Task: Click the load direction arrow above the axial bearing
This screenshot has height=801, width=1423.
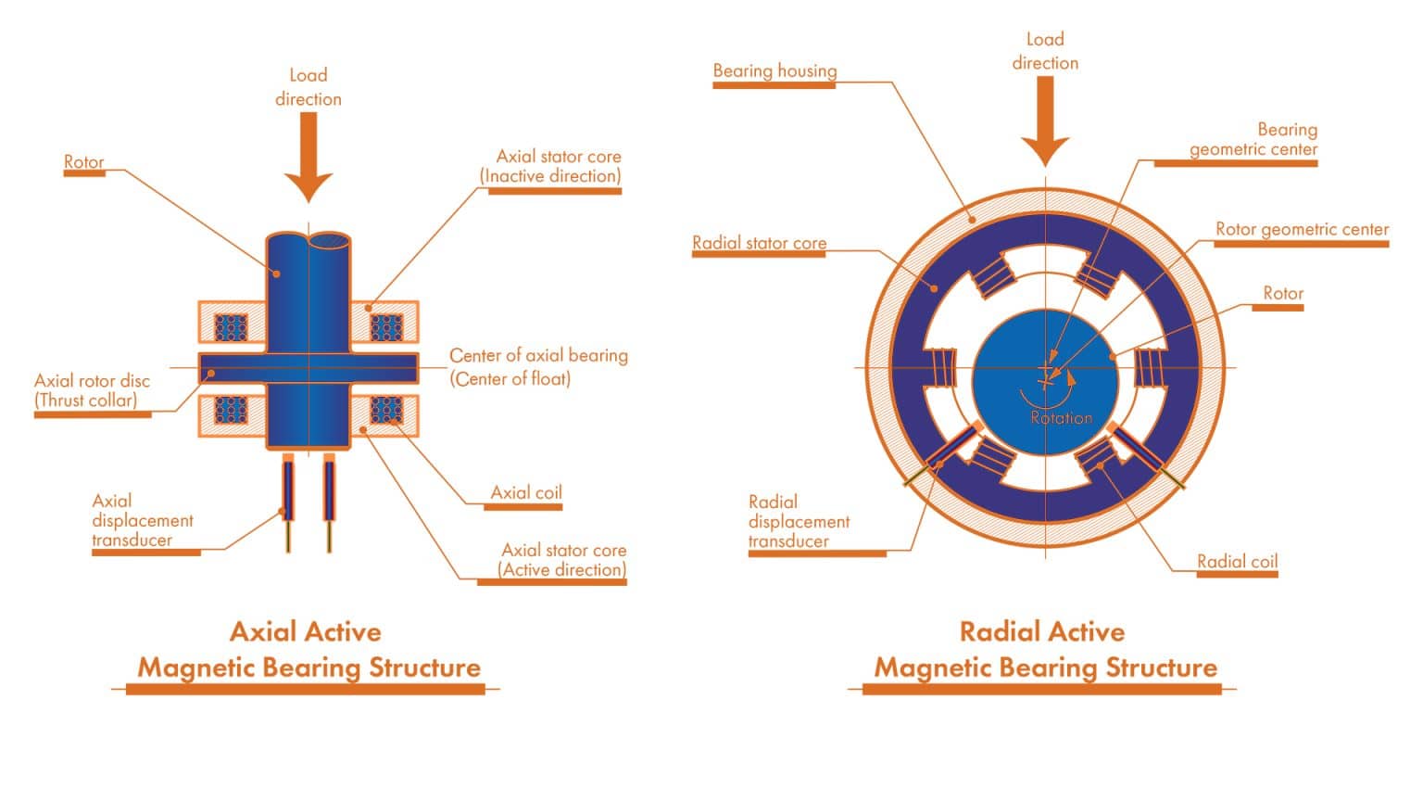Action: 309,158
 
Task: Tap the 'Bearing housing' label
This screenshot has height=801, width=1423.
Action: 774,71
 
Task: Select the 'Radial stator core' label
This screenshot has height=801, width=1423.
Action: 759,243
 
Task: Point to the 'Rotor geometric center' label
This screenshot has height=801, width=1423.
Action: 1302,229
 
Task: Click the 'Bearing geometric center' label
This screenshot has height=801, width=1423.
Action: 1253,140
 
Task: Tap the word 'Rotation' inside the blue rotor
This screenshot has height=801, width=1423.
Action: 1062,418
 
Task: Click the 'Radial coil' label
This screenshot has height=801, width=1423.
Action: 1237,561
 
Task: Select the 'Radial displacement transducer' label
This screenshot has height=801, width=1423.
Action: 799,521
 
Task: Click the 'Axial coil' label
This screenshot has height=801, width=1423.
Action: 526,492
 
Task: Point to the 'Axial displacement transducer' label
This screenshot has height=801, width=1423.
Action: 143,520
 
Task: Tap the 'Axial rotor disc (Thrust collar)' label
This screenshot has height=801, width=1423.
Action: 92,390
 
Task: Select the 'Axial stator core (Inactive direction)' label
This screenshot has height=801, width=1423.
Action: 553,166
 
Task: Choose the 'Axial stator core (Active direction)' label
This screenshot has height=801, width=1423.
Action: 562,560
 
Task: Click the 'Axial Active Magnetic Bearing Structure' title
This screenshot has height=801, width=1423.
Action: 309,650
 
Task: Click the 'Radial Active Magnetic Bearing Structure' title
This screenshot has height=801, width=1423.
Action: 1045,650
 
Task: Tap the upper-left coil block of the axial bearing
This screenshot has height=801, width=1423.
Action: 231,327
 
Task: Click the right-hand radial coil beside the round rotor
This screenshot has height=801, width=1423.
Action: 1149,367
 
